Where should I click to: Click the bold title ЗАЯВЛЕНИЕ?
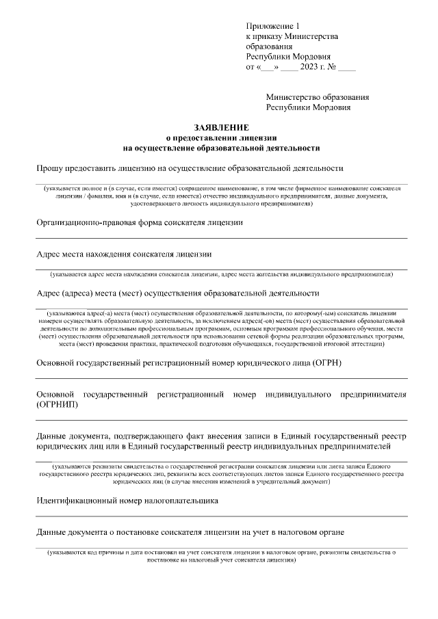tap(221, 127)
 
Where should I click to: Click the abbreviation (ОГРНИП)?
tap(57, 405)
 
